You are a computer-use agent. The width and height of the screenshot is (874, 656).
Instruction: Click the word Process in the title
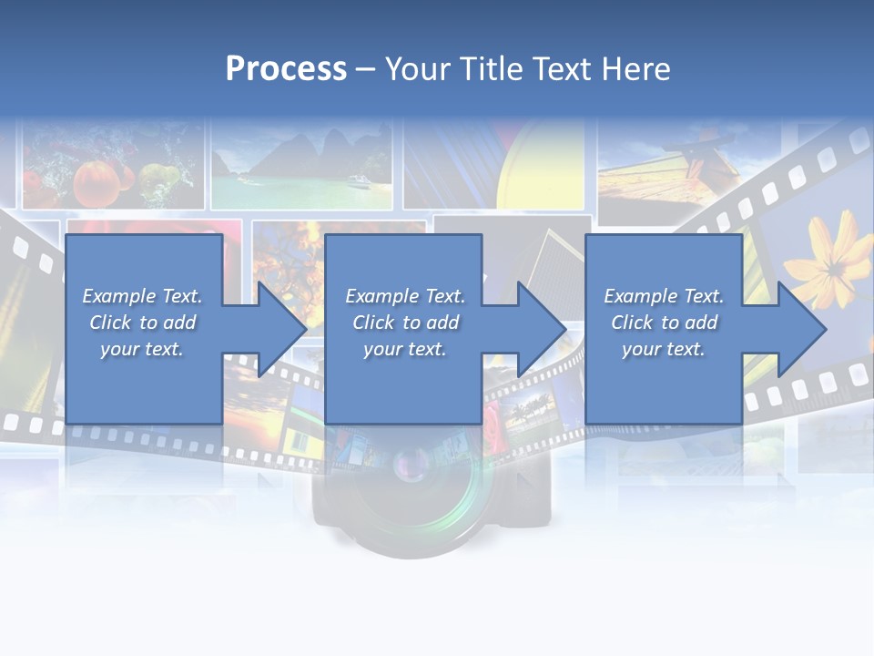(x=286, y=69)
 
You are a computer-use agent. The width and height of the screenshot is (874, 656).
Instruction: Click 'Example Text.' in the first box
(x=142, y=296)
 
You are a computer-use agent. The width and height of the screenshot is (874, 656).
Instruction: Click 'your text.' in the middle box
(x=404, y=349)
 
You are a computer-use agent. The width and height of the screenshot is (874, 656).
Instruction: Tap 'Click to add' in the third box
(x=664, y=323)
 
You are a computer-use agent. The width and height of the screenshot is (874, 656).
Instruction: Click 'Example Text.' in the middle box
(x=404, y=296)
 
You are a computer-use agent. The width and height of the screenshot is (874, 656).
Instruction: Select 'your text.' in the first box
(x=142, y=349)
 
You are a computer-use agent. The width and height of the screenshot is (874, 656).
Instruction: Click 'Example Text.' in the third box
(x=664, y=296)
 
